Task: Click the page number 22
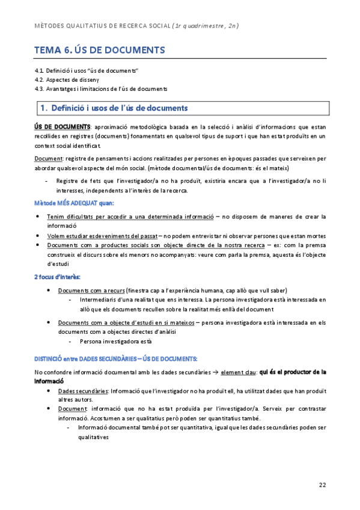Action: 322,485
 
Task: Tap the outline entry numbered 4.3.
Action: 100,88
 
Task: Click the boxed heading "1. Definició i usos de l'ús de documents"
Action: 113,108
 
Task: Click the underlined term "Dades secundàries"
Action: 83,390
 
